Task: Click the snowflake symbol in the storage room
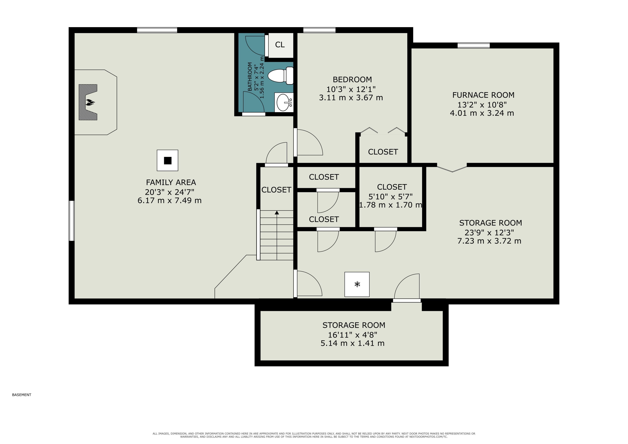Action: click(357, 284)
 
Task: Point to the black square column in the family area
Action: click(168, 161)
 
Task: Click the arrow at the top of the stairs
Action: click(277, 212)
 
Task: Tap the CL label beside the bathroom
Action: click(280, 45)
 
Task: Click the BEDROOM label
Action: click(352, 80)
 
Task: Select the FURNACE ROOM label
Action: click(483, 95)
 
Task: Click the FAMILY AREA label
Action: click(171, 182)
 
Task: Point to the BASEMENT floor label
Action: click(22, 395)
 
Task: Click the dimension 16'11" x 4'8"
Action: click(353, 335)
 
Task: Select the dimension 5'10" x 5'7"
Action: click(391, 196)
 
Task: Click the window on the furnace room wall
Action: click(474, 45)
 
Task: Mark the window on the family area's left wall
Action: click(72, 221)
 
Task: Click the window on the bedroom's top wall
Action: click(319, 30)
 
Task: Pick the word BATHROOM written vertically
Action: click(250, 77)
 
